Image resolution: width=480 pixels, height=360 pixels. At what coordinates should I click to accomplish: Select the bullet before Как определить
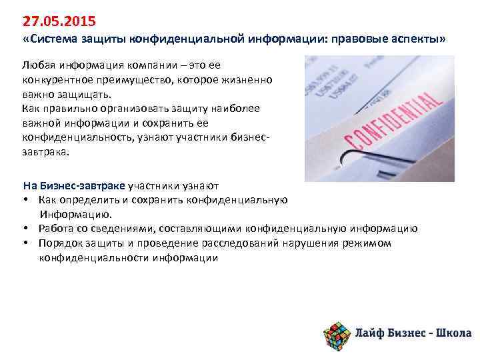point(25,200)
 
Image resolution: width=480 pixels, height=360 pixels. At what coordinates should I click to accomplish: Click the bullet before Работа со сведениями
point(25,229)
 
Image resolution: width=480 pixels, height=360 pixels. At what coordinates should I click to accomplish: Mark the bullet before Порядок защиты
point(25,243)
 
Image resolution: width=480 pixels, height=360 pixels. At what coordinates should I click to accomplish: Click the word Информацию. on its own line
point(75,215)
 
